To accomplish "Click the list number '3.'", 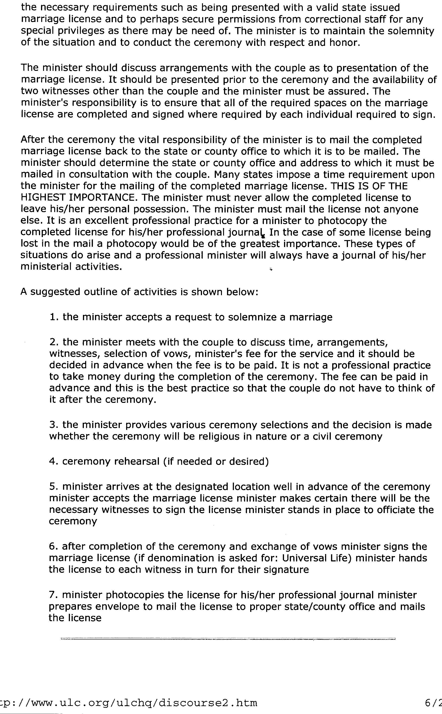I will point(54,425).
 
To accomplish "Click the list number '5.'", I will point(54,487).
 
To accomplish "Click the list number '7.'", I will point(54,595).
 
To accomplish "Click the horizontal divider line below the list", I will point(228,639).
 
